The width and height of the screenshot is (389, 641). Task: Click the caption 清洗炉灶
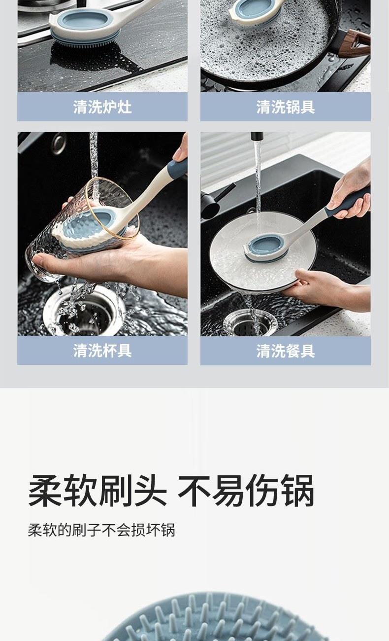click(x=102, y=107)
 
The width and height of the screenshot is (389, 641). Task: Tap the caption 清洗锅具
click(x=286, y=107)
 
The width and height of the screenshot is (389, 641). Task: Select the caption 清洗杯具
click(x=102, y=350)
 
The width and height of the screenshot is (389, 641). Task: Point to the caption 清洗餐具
click(x=286, y=351)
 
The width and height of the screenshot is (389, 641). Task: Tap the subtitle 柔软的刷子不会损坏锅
click(x=101, y=531)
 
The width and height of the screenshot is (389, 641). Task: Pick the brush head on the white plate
click(x=266, y=248)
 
